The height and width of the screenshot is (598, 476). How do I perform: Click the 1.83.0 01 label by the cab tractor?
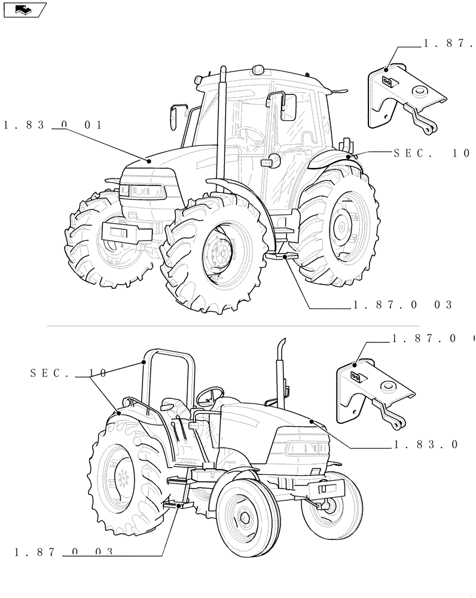[53, 125]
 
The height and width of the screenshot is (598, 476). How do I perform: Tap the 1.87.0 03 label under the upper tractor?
[402, 305]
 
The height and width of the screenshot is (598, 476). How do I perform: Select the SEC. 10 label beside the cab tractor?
[432, 153]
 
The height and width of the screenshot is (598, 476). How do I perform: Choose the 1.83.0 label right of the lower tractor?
[426, 444]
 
